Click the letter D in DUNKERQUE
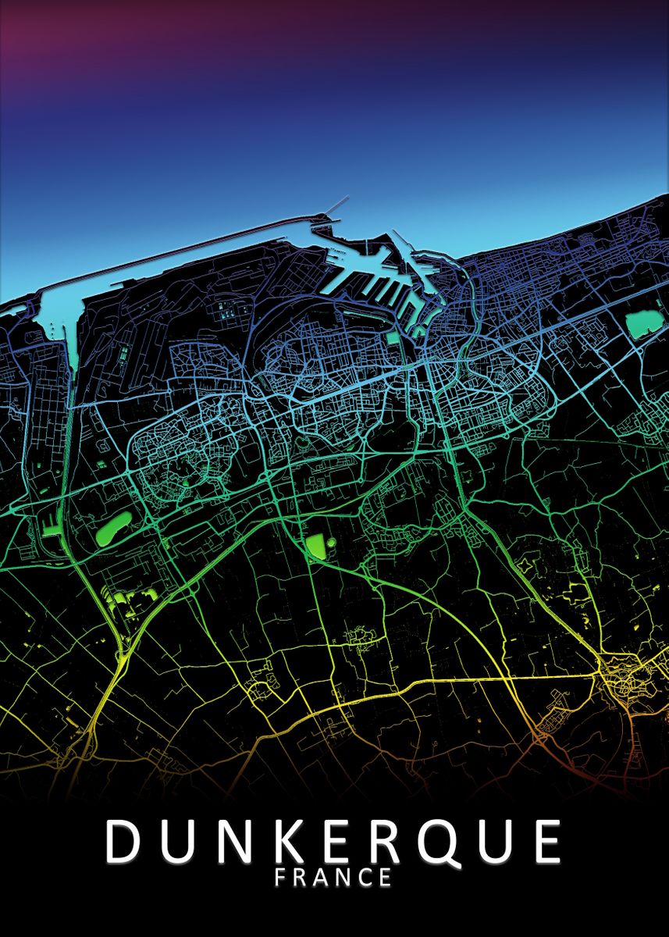[123, 841]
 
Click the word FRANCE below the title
[333, 878]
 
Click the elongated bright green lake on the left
[113, 531]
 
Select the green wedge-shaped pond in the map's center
[316, 547]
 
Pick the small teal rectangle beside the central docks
[392, 339]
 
